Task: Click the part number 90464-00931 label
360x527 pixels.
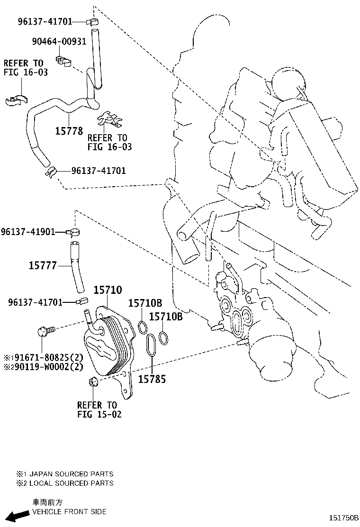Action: (x=59, y=41)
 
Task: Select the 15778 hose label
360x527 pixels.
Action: (x=69, y=131)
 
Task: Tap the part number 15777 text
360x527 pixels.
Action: (x=43, y=266)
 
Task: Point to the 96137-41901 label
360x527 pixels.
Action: (x=27, y=232)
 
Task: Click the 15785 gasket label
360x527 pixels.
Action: (x=152, y=379)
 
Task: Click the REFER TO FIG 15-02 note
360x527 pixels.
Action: (x=97, y=409)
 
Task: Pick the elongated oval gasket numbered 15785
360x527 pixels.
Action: (x=151, y=350)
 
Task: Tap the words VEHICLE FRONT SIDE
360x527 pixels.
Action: (x=69, y=512)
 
